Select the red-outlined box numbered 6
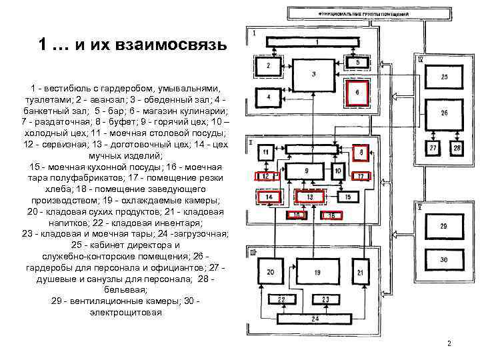(x=357, y=92)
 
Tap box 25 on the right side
(x=444, y=77)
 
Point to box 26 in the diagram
(x=444, y=113)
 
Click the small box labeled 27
(x=434, y=148)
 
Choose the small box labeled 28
(x=457, y=148)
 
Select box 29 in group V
(x=444, y=227)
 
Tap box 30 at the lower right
(x=444, y=259)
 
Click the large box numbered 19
(x=317, y=273)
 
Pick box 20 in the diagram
(x=270, y=273)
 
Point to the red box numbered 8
(x=361, y=153)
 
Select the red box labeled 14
(x=269, y=197)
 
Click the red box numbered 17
(x=360, y=176)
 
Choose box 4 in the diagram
(x=268, y=97)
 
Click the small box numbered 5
(x=357, y=62)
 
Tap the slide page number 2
(x=449, y=344)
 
